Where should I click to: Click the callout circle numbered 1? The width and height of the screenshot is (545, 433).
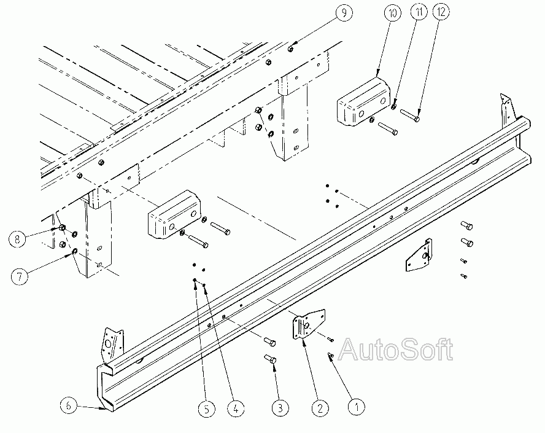pyautogui.click(x=356, y=407)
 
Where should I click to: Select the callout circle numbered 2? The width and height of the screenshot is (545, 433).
pyautogui.click(x=320, y=407)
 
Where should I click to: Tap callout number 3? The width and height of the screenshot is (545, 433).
pyautogui.click(x=280, y=407)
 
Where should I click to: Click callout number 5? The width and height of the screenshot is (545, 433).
pyautogui.click(x=206, y=409)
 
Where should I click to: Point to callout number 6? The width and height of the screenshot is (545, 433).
pyautogui.click(x=69, y=405)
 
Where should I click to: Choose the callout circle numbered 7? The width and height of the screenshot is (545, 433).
pyautogui.click(x=20, y=276)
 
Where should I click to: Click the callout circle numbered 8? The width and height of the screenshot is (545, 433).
pyautogui.click(x=17, y=239)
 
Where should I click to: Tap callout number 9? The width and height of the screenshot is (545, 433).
pyautogui.click(x=344, y=13)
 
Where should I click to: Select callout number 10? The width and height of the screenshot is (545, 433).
pyautogui.click(x=393, y=14)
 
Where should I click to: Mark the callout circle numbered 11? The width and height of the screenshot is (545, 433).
pyautogui.click(x=419, y=12)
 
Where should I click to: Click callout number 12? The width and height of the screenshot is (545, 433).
pyautogui.click(x=441, y=12)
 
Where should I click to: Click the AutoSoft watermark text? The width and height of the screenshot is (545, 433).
pyautogui.click(x=396, y=349)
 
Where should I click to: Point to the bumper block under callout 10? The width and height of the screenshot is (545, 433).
pyautogui.click(x=363, y=102)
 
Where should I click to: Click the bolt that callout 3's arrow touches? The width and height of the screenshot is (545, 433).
pyautogui.click(x=271, y=359)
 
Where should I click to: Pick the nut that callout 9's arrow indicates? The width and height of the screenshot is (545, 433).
pyautogui.click(x=290, y=49)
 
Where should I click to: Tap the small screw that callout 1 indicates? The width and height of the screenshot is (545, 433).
pyautogui.click(x=331, y=356)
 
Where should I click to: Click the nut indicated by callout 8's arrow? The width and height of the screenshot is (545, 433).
pyautogui.click(x=62, y=228)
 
